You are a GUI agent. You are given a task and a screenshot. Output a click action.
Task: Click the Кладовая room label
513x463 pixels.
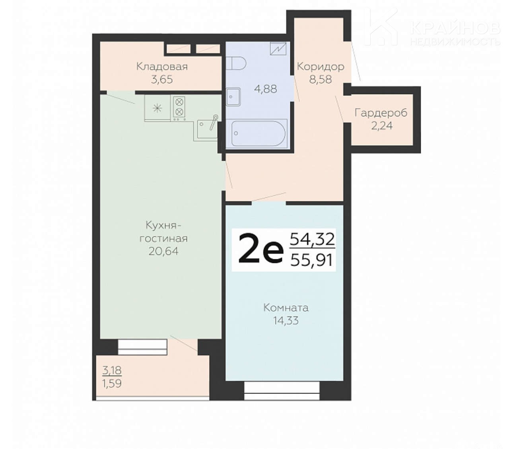pos(162,67)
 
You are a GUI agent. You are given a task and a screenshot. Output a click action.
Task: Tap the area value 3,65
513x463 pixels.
pos(162,79)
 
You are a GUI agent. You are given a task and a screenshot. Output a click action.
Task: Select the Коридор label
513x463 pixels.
pos(321,67)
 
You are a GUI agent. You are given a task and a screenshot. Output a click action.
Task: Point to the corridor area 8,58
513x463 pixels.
pos(321,79)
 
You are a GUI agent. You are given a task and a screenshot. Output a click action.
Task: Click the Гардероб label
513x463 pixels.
pos(381,113)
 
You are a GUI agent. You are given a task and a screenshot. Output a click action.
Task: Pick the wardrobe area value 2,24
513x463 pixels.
pos(382,125)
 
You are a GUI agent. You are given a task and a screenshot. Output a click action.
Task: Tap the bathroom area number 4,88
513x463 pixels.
pos(266,89)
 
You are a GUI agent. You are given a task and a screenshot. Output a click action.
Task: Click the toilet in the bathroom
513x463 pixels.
pos(236,63)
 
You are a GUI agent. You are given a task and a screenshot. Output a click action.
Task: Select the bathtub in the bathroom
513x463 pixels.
pos(258,133)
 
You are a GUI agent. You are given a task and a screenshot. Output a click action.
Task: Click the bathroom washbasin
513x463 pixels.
pos(233,97)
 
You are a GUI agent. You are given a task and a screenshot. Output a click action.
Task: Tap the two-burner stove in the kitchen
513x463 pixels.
pos(179,108)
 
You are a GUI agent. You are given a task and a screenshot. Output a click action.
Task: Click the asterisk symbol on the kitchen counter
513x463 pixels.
pos(157,108)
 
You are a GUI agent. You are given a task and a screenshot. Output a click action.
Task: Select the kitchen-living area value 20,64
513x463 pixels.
pos(163,251)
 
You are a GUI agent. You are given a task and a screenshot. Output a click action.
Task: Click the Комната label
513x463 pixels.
pos(286,308)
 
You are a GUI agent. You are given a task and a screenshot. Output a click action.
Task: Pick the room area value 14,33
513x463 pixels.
pos(286,320)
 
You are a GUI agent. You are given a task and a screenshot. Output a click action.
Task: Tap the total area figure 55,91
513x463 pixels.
pos(312,260)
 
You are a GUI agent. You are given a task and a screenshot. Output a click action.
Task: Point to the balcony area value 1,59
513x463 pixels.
pos(112,384)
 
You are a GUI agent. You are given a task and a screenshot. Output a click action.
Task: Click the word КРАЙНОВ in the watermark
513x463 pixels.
pos(455,28)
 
